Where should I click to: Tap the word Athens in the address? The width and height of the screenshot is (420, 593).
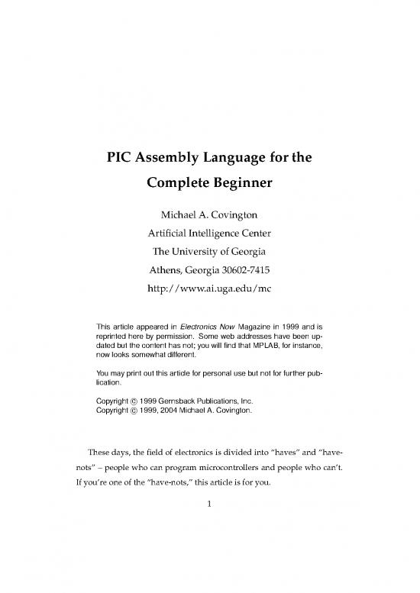171,270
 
